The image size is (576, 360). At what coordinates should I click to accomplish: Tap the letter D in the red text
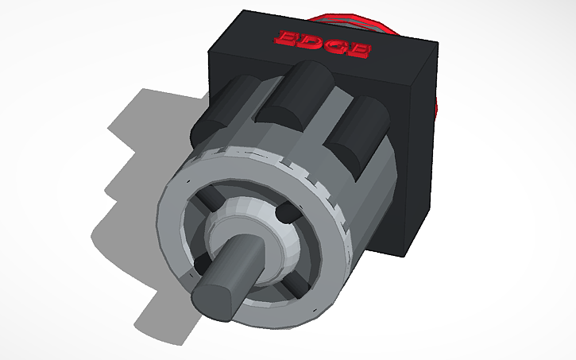308,41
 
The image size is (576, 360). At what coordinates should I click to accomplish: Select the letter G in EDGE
334,46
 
